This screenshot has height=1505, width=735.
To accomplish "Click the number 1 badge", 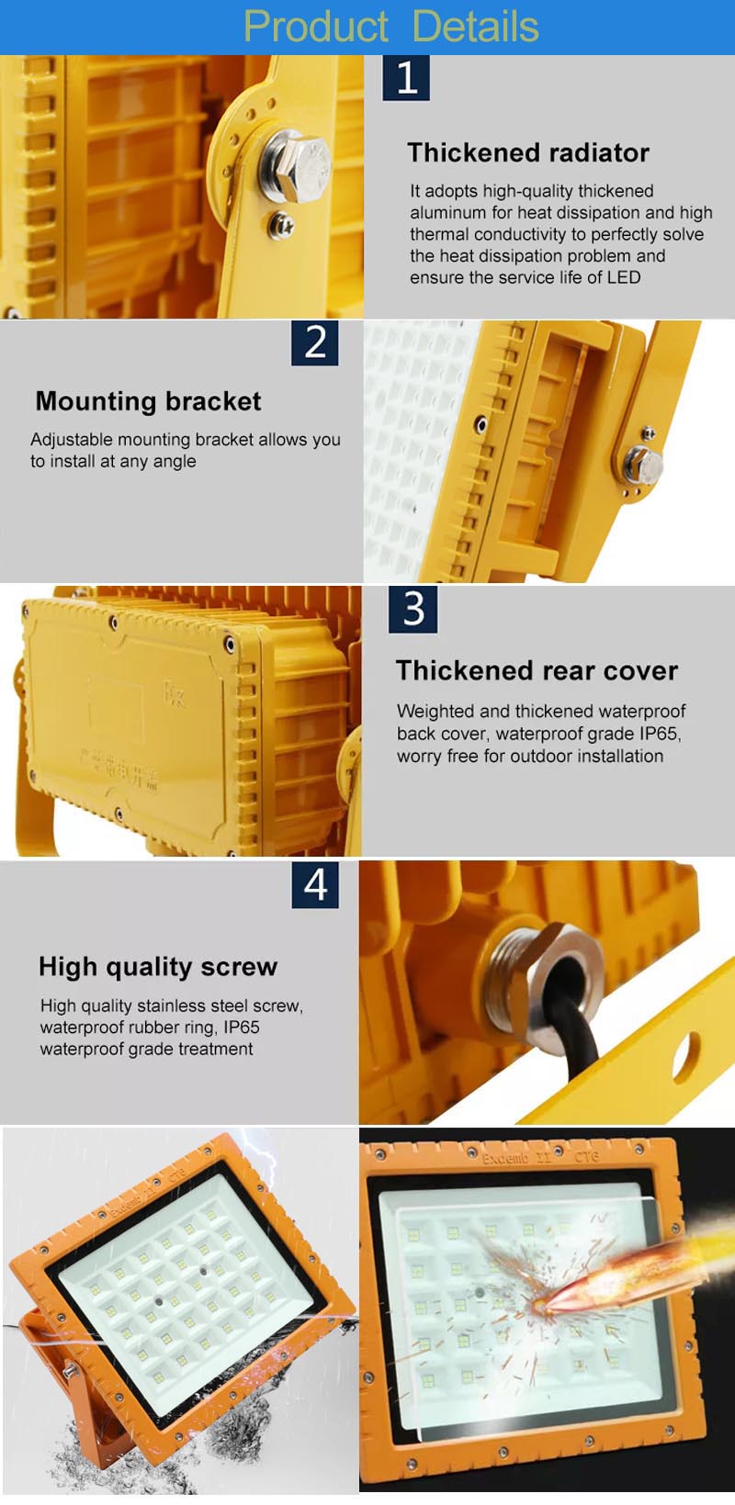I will coord(406,77).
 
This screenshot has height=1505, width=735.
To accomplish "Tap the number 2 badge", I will coord(315,343).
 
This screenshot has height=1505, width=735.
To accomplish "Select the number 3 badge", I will coord(413,609).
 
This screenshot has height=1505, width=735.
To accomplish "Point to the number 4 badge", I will coord(315,884).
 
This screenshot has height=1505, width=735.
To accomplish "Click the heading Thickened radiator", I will coord(528,152).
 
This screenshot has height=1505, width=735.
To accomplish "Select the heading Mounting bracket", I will coord(148,401).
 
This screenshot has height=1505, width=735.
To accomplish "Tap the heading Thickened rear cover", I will coord(537,670).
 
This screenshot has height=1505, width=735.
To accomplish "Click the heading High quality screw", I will coord(158,966).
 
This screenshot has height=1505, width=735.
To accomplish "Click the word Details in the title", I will coord(475,27).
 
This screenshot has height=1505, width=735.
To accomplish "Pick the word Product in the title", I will coord(315,27).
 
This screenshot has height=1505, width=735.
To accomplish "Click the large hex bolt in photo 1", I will coord(295,164).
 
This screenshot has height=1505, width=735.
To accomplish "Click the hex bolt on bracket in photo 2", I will coord(644,464).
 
